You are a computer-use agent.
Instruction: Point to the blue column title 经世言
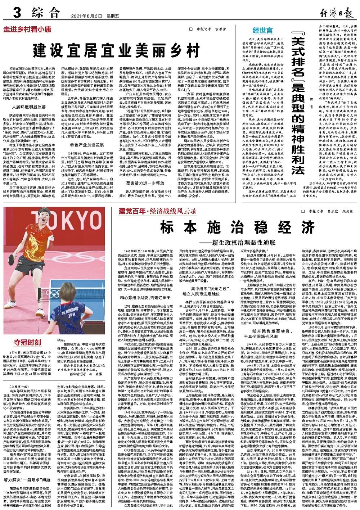262,31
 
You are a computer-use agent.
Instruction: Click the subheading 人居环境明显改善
28,107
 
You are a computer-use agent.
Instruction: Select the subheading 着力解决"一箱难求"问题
27,479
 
